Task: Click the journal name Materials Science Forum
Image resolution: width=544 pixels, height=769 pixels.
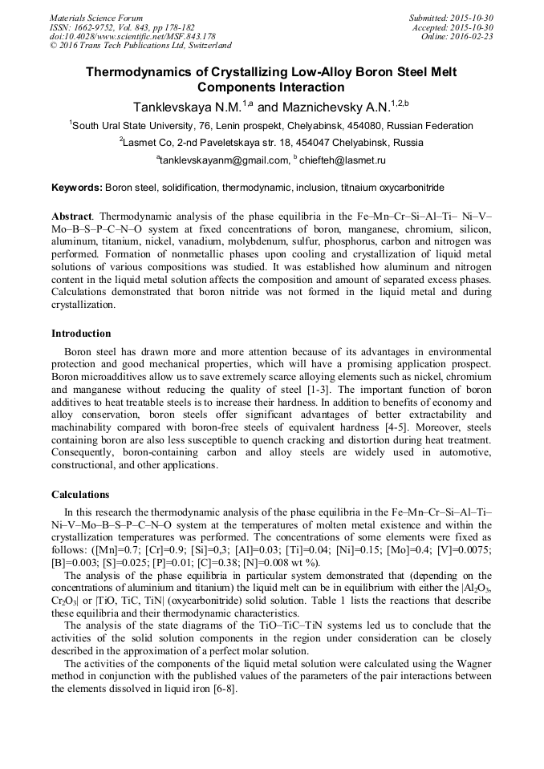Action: (96, 18)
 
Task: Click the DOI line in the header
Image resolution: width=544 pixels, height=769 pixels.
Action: (132, 37)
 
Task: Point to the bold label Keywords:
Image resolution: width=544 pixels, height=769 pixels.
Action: (77, 188)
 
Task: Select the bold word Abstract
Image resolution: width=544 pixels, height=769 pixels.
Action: (71, 217)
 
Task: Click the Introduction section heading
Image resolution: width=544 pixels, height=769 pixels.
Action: (81, 334)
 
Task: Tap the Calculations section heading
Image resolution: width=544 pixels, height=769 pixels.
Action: (80, 494)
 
